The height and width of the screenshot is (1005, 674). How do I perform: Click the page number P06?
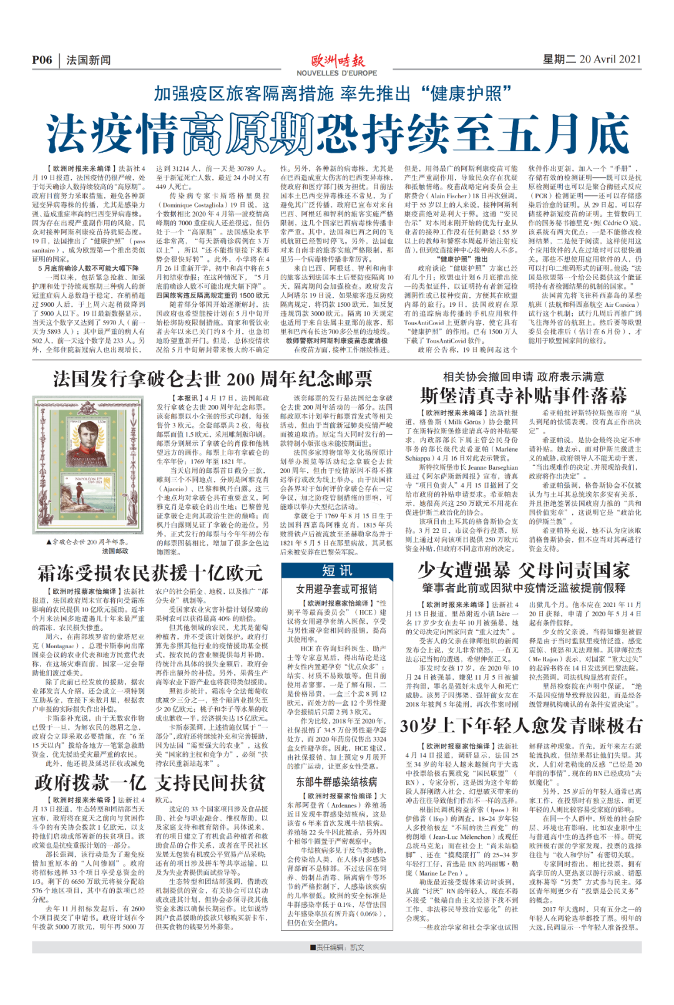42,60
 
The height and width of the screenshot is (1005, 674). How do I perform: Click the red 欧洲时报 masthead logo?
337,61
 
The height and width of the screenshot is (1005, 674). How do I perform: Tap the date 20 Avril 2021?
610,59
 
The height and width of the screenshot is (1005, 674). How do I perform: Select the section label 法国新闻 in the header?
89,60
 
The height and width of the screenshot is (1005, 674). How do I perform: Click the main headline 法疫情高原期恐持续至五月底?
337,134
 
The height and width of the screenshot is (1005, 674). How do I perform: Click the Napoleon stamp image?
88,464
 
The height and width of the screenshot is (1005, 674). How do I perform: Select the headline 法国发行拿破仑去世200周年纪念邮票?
212,379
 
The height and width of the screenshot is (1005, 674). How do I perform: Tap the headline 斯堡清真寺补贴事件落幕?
523,396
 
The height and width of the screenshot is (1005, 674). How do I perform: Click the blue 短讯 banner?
337,570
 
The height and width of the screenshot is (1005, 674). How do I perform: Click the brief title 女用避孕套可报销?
336,588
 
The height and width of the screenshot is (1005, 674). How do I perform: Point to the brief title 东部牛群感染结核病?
336,782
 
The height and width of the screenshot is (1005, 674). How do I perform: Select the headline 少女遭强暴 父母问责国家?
524,570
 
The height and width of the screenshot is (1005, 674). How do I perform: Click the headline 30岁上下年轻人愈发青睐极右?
521,726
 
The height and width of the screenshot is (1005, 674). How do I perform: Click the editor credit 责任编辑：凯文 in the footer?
337,947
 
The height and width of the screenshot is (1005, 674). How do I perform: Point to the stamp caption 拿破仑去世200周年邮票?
87,541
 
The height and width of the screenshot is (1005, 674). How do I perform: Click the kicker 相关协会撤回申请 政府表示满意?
523,377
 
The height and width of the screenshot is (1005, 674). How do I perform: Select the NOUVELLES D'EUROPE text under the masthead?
337,73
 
